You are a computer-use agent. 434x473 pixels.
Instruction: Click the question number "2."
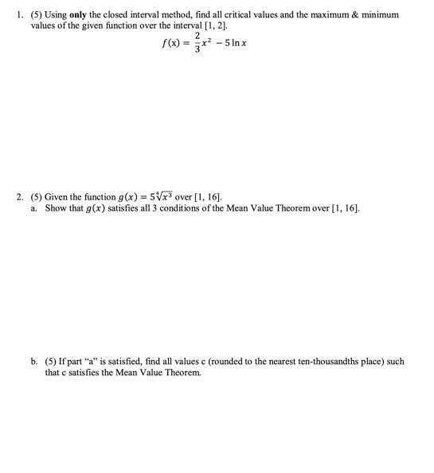[18, 196]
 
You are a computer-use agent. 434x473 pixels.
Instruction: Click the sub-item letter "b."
[34, 361]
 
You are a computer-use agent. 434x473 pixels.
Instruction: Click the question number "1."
[18, 14]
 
